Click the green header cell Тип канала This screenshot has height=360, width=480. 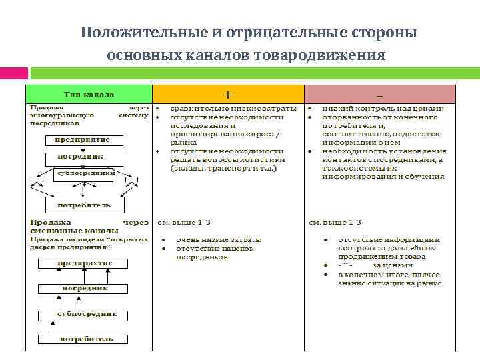coord(89,94)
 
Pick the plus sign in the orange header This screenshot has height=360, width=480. coord(228,94)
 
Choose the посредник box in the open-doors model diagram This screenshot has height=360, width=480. coord(83,288)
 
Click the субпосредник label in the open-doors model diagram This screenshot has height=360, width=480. coord(87,313)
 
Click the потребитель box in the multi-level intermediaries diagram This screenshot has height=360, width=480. coord(83,205)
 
